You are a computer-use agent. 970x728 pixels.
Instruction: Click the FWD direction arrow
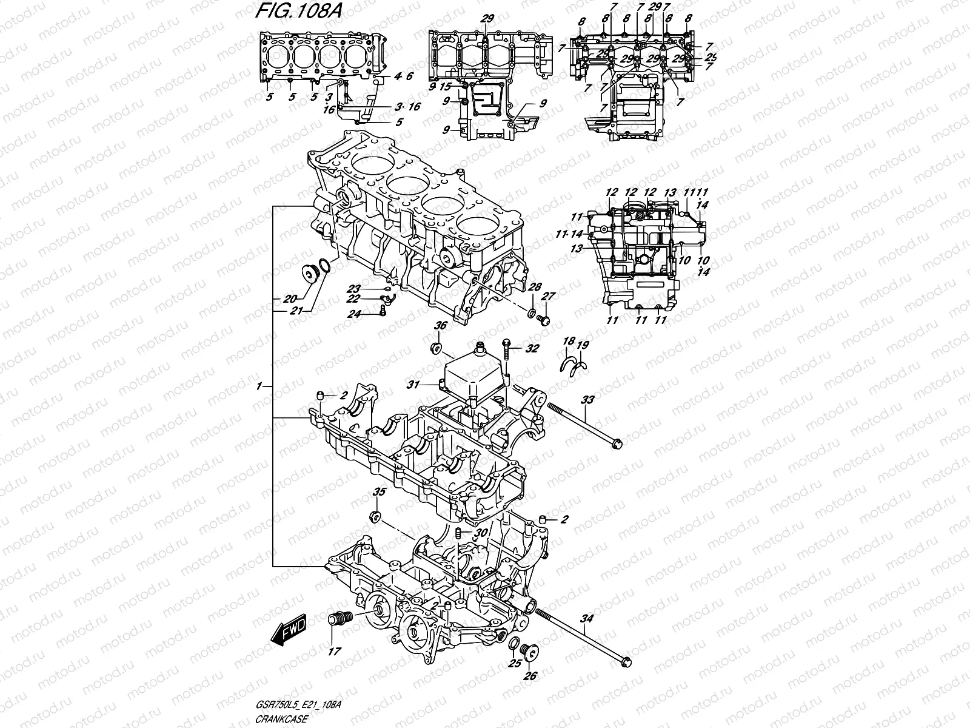[x=289, y=630]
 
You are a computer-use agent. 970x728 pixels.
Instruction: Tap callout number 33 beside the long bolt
[x=587, y=400]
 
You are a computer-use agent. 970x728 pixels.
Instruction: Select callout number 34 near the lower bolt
[x=586, y=619]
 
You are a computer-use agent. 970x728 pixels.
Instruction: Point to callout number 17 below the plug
[x=334, y=652]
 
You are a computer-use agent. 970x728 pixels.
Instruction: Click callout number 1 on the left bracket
[x=260, y=386]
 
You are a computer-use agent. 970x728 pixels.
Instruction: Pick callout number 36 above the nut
[x=440, y=326]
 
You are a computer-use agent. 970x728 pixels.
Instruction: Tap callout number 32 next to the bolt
[x=532, y=349]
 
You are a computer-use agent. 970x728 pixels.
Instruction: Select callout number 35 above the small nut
[x=378, y=491]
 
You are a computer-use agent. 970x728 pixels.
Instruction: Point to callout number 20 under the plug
[x=290, y=298]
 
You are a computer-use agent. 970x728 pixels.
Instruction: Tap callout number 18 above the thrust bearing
[x=568, y=343]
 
